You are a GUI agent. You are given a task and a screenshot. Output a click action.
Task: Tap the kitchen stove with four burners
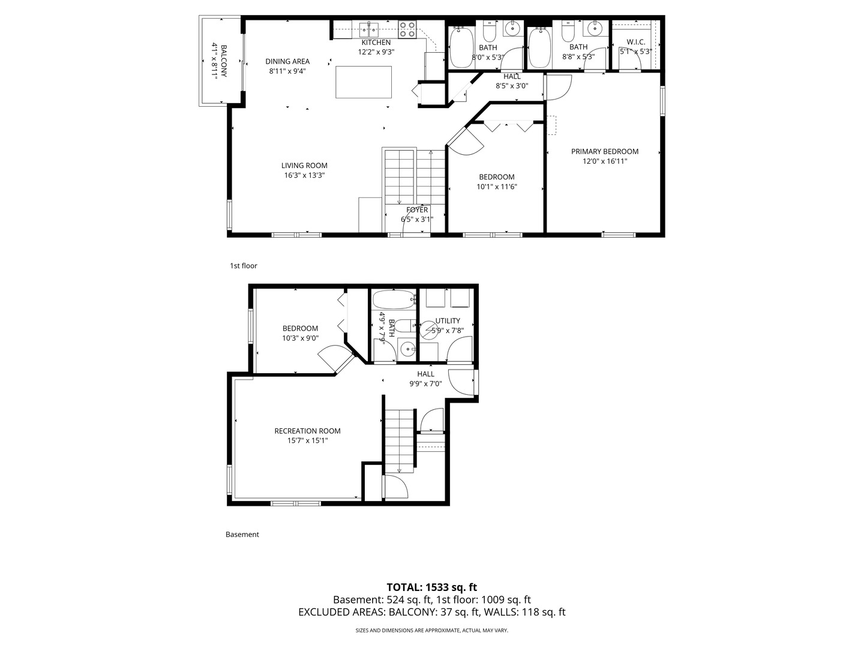coord(407,29)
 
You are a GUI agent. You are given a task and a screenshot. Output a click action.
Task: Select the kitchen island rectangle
coord(364,82)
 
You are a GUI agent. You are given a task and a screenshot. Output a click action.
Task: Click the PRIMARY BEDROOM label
coord(604,151)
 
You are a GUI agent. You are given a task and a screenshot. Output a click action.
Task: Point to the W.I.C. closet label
coord(635,42)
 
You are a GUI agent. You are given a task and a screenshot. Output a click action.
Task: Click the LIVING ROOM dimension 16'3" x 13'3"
coord(304,175)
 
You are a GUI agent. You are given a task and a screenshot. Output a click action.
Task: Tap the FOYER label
coord(417,209)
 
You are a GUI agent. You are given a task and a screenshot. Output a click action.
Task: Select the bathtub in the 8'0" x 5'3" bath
coord(461,47)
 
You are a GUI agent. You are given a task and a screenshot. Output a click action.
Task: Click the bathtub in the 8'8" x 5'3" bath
coord(539,47)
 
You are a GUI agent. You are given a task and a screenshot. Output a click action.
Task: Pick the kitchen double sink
coord(368,28)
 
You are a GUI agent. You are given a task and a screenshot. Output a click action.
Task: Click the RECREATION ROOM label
coord(307,431)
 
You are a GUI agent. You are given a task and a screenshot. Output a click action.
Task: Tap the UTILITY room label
coord(448,320)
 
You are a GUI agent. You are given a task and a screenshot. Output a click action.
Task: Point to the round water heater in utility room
coord(430,331)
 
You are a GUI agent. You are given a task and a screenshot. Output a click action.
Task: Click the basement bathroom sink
coord(407,348)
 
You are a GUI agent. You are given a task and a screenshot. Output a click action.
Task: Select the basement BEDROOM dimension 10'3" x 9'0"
coord(300,338)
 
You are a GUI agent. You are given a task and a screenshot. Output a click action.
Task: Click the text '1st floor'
coord(243,265)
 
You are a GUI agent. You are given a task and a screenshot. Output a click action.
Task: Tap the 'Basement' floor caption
coord(242,534)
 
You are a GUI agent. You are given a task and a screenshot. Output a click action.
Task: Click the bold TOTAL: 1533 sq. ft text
coord(431,587)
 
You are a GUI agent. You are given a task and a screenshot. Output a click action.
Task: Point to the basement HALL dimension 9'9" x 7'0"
coord(425,383)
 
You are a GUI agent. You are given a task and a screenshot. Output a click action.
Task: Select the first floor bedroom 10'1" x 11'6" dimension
coord(496,187)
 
